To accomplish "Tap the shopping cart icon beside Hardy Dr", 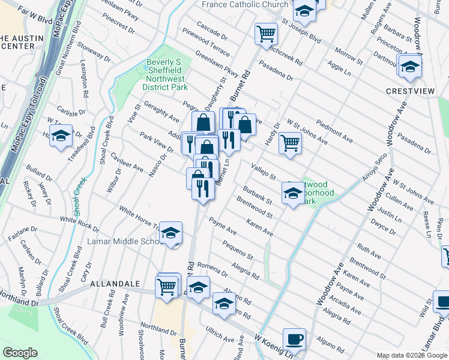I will pos(290,143).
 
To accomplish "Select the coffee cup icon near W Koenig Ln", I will pos(294,338).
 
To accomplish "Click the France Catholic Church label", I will pos(245,5).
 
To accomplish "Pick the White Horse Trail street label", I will pos(139,219).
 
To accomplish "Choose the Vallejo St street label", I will pos(263,172).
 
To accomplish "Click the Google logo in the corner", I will pos(20,353).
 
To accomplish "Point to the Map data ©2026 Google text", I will pos(411,355).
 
